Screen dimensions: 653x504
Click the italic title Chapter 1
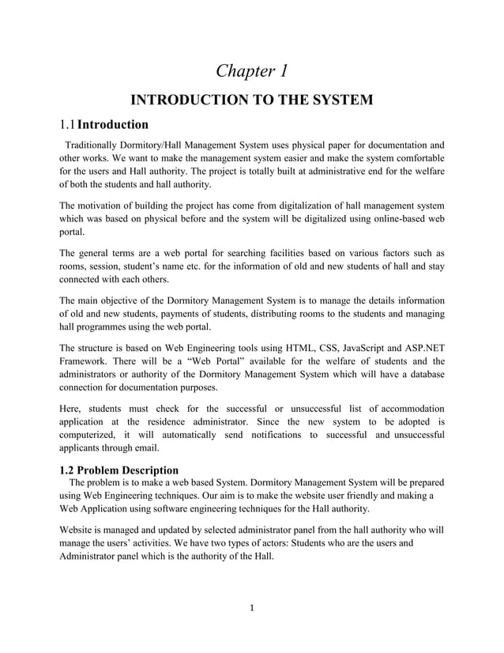click(x=252, y=71)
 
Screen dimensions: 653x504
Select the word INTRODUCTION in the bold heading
click(x=187, y=100)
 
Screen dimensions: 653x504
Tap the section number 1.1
click(x=68, y=124)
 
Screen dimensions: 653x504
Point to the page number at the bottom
click(x=252, y=609)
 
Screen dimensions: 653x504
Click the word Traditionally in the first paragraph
click(x=94, y=145)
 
